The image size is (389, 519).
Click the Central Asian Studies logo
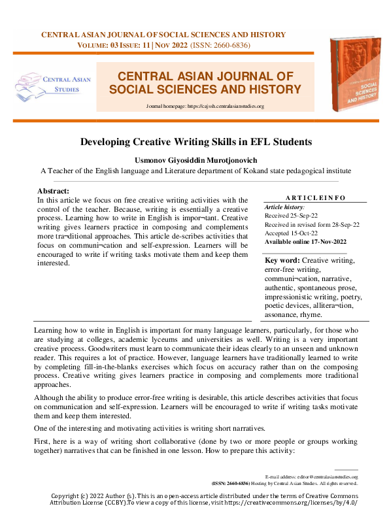click(54, 84)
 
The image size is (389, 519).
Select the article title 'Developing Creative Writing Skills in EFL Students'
click(196, 141)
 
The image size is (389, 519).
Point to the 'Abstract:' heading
click(54, 191)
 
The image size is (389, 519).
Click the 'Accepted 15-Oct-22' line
click(292, 233)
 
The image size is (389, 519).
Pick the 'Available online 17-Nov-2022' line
click(305, 242)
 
